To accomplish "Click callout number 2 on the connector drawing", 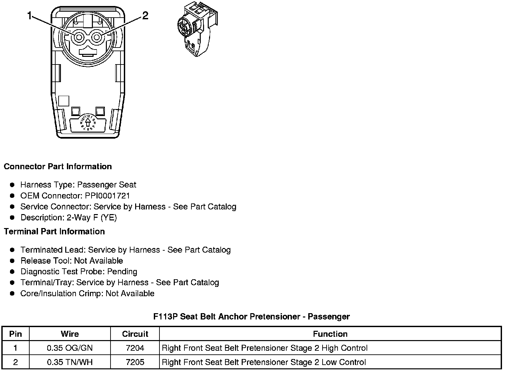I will pyautogui.click(x=145, y=16).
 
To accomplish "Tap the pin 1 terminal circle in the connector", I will pyautogui.click(x=79, y=37).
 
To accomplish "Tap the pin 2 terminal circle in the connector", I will pyautogui.click(x=97, y=37).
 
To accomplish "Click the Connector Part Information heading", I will pyautogui.click(x=58, y=167).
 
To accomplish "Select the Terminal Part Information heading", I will pyautogui.click(x=54, y=231).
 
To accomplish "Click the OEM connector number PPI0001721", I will pyautogui.click(x=107, y=196).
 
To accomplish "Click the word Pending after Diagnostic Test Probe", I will pyautogui.click(x=122, y=272).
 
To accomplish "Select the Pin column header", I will pyautogui.click(x=16, y=334).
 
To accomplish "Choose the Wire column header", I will pyautogui.click(x=70, y=334).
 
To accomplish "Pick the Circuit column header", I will pyautogui.click(x=135, y=334).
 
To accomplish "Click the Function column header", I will pyautogui.click(x=330, y=334).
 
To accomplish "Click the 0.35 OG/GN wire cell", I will pyautogui.click(x=70, y=348).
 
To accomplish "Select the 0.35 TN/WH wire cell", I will pyautogui.click(x=70, y=362).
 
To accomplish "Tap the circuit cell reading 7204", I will pyautogui.click(x=135, y=348).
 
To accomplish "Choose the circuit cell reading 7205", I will pyautogui.click(x=135, y=362).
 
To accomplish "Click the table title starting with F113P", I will pyautogui.click(x=251, y=316).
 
